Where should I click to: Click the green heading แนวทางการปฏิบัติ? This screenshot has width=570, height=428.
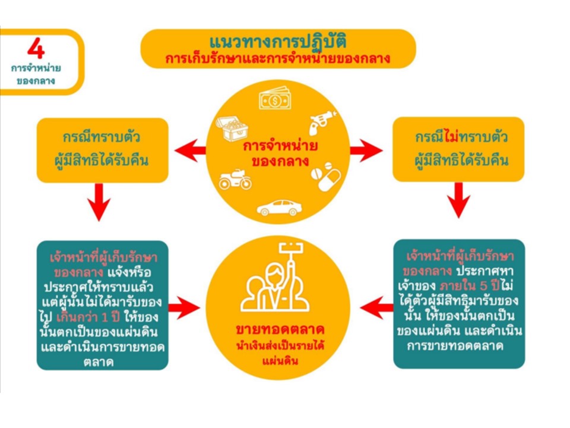tap(278, 43)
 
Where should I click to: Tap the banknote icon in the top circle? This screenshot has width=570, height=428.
tap(274, 99)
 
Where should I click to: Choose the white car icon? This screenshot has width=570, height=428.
tap(278, 207)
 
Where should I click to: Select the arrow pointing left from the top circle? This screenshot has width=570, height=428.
tap(189, 150)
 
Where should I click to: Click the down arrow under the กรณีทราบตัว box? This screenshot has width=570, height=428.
tap(102, 202)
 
